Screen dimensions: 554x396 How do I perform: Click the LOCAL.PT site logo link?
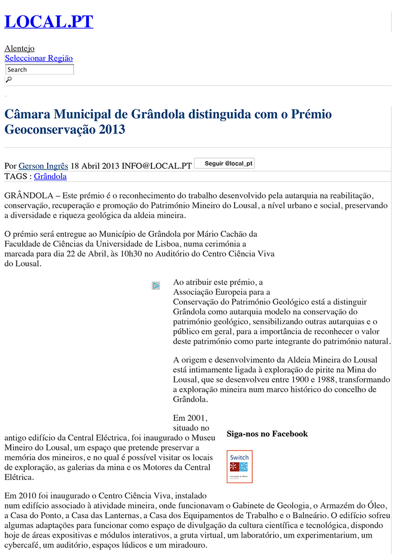[49, 22]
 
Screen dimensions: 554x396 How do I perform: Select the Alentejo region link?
[19, 49]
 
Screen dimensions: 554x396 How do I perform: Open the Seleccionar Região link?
[39, 58]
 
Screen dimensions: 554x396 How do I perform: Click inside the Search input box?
[39, 70]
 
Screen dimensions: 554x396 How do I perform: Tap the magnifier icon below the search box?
[8, 79]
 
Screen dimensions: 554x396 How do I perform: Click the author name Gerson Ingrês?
[43, 166]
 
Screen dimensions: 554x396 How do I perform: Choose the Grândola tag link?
[50, 176]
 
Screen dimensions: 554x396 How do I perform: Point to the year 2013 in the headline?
[112, 130]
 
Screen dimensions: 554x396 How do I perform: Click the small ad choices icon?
[155, 286]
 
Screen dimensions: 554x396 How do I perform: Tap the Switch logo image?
[240, 466]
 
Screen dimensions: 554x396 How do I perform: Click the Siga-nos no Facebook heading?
[267, 434]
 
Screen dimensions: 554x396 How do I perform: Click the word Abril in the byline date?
[91, 166]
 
